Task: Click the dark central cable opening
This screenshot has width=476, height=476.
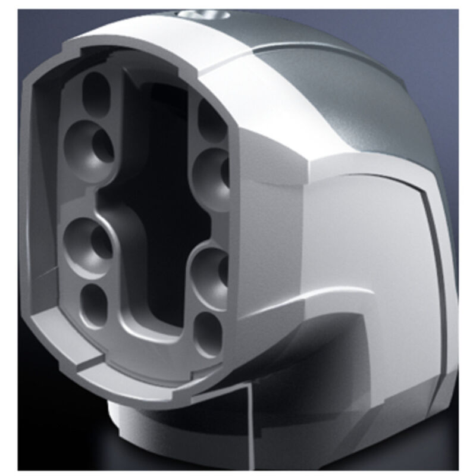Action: [158, 178]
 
